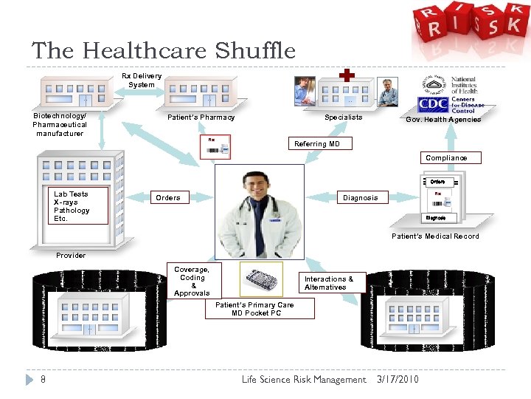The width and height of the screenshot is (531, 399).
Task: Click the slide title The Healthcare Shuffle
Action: point(163,51)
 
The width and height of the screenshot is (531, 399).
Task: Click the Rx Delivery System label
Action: point(142,81)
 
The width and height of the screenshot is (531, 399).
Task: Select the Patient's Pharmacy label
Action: point(201,117)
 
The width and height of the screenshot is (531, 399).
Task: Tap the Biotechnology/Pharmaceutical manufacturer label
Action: point(60,125)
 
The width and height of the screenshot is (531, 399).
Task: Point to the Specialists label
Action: point(344,117)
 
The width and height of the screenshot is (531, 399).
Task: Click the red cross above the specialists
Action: point(347,76)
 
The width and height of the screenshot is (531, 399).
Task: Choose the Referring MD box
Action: point(317,144)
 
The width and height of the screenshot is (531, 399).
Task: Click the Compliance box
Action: point(446,157)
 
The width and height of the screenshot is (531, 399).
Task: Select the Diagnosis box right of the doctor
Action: point(360,197)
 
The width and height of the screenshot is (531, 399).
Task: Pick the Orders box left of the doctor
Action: point(168,197)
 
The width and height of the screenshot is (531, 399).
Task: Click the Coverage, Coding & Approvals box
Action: point(192,282)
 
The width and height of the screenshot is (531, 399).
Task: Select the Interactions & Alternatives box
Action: point(329,283)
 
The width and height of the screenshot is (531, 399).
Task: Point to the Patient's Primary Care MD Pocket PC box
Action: point(254,309)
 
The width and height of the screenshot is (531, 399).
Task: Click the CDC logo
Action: point(433,105)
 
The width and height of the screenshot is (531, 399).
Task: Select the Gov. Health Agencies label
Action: point(443,120)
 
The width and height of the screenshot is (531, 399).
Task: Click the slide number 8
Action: point(44,380)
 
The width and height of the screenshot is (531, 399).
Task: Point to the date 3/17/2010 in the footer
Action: point(398,380)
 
